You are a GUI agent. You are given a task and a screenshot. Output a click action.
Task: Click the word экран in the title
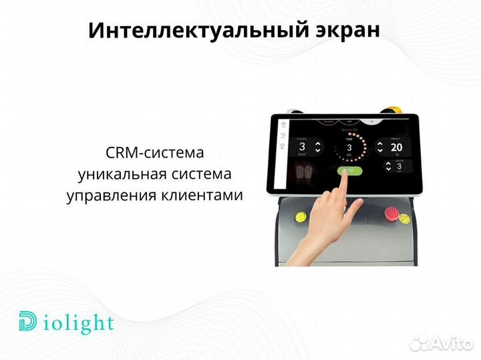[x=346, y=31]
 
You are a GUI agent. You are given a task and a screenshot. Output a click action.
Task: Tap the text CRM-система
[x=154, y=153]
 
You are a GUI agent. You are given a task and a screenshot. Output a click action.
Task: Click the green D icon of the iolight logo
[x=28, y=323]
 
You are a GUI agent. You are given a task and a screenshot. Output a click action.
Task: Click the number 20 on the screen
[x=397, y=147]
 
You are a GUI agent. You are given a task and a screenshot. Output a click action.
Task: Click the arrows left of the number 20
[x=380, y=147]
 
